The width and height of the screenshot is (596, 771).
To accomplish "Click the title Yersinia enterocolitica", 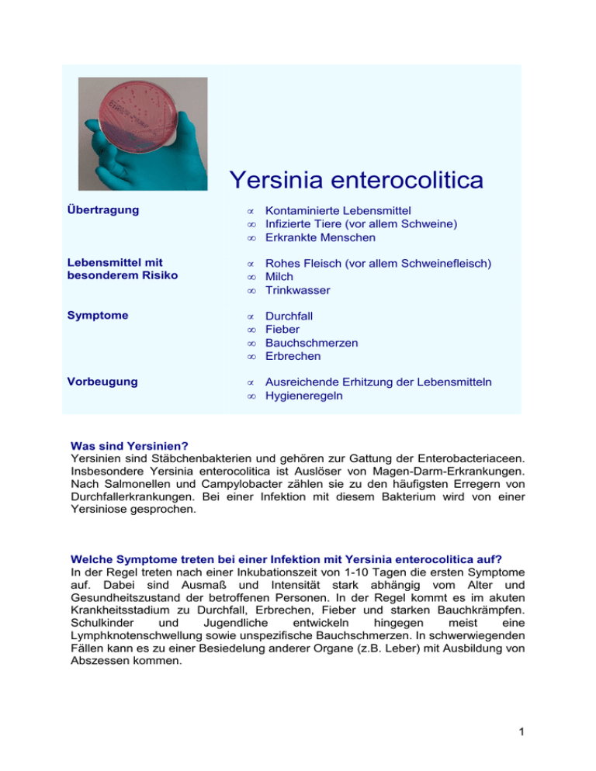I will coord(356,180).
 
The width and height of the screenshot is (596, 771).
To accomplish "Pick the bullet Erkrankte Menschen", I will coord(319,237).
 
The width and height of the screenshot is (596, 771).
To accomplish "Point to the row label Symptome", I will coord(98,316).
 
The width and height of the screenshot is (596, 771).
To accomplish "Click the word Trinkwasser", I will coord(298,290).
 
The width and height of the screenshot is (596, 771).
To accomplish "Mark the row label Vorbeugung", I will coord(101,382).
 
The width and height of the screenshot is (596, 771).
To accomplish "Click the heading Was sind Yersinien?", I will coord(131,446).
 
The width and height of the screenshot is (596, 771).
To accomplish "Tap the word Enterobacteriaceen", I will coord(466,460).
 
